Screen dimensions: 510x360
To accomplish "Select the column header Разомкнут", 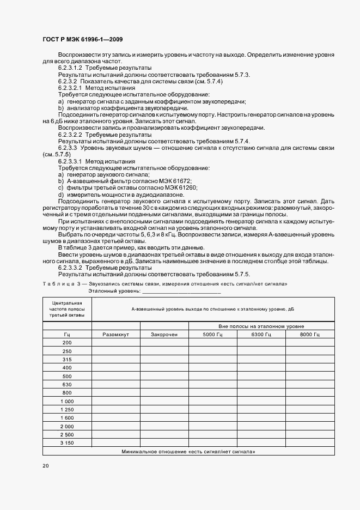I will tap(115, 334).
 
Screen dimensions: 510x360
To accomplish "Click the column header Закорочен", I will tap(164, 334).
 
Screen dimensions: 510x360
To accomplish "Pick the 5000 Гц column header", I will tap(212, 334).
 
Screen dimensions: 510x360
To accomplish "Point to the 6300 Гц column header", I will tap(261, 334).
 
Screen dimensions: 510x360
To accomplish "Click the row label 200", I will tap(67, 342).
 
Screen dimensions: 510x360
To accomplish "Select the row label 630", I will tap(67, 384).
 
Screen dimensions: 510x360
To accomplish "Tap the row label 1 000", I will tap(67, 401).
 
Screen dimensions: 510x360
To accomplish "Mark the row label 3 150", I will tap(67, 443).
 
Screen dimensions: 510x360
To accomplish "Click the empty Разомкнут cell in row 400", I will tap(115, 367).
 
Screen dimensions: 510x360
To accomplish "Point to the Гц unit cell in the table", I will tap(67, 334).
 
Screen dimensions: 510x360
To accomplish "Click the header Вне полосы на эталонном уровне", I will tap(261, 325).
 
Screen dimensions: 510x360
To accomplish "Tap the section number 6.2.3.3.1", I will tap(70, 162).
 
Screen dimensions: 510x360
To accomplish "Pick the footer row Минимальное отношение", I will tap(188, 452).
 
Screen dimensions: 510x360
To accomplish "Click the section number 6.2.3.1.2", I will tap(70, 68).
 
